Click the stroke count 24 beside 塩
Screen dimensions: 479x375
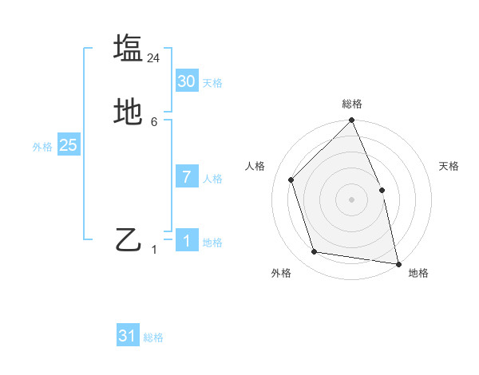click(154, 57)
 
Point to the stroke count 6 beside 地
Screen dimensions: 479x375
click(154, 122)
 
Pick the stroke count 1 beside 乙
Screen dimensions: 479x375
click(154, 250)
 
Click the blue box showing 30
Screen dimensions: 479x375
click(187, 81)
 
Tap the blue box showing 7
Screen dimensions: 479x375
click(187, 177)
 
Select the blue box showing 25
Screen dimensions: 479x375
click(68, 145)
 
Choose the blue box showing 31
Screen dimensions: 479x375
click(128, 336)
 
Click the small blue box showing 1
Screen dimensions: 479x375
click(187, 241)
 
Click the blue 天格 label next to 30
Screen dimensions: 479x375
click(212, 83)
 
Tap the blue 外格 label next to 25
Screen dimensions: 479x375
click(42, 147)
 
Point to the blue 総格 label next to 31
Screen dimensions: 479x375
click(153, 337)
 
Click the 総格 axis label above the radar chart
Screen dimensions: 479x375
click(352, 104)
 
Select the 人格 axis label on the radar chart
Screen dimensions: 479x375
click(255, 166)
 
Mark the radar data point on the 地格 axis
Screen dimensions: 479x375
click(398, 263)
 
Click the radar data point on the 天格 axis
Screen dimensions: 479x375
click(382, 190)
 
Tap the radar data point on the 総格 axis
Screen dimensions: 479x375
click(352, 120)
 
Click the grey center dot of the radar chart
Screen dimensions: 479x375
click(352, 199)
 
